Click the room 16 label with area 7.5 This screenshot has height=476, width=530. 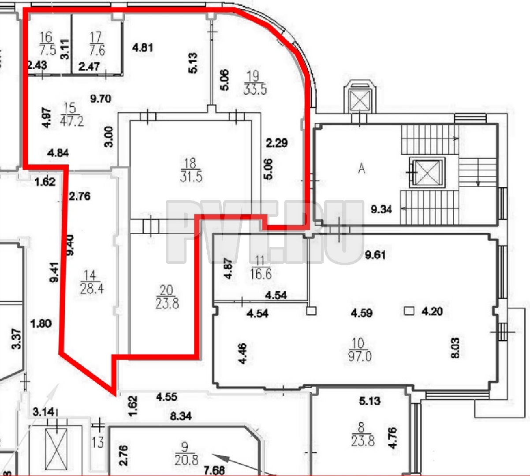point(47,44)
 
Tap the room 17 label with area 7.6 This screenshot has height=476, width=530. point(97,44)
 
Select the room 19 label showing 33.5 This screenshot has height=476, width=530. point(255,83)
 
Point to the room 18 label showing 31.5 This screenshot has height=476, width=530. point(191,170)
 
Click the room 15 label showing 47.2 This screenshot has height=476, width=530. point(72,115)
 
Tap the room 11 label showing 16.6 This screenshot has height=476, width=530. point(261,267)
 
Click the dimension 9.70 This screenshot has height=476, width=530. point(101,99)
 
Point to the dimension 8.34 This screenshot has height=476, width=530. point(180,416)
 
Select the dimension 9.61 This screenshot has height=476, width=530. point(375,255)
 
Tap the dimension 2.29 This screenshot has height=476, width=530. point(277,143)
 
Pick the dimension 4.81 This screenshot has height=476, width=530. point(142,48)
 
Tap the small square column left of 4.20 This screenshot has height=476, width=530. point(409,311)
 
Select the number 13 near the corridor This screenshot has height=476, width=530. point(98,442)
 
